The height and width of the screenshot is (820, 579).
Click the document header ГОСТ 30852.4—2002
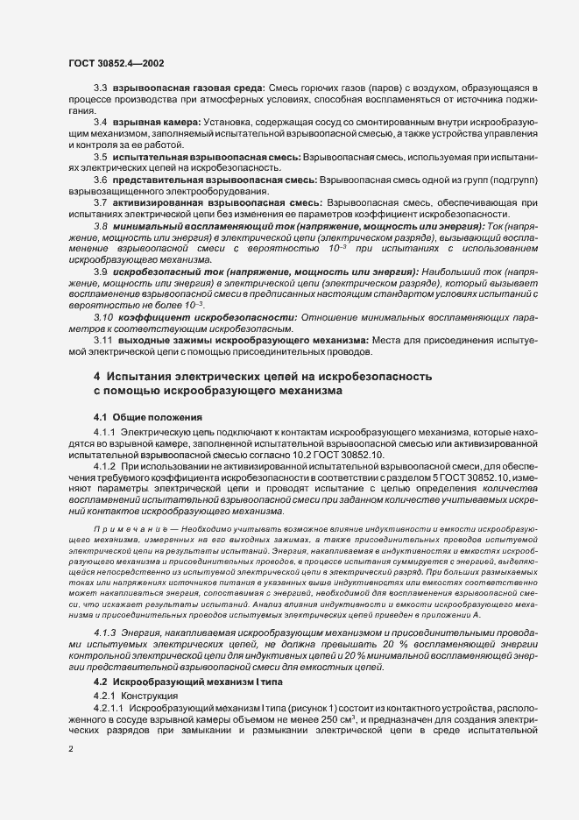point(115,63)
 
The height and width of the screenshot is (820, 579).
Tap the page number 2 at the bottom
point(71,749)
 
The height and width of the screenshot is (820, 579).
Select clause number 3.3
point(100,89)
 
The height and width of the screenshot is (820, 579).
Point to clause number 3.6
point(100,180)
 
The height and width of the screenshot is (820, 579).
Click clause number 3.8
point(100,227)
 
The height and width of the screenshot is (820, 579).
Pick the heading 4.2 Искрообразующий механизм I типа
point(187,681)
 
